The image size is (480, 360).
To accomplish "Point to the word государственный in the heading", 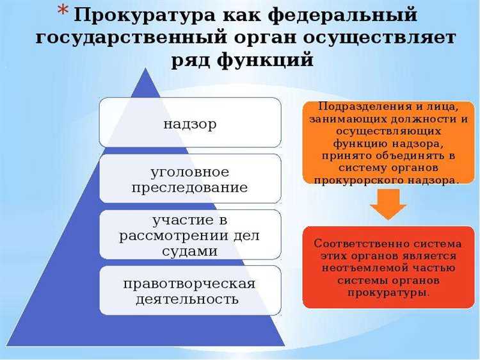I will click(x=129, y=37).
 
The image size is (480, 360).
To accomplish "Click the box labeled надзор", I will click(x=189, y=122).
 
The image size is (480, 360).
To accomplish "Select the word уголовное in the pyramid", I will click(x=189, y=172).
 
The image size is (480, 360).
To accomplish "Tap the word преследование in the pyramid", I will click(x=189, y=188).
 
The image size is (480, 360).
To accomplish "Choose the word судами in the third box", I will click(x=189, y=251).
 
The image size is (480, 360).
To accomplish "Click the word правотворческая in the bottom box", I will click(x=189, y=283).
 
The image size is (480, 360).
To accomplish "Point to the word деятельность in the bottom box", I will click(x=189, y=299).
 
